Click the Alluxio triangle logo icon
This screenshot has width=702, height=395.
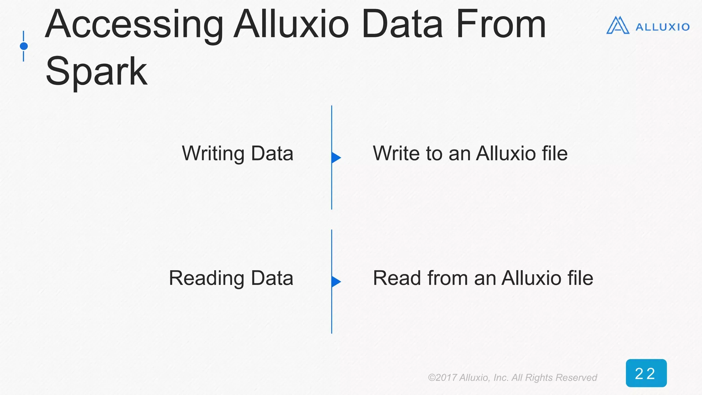click(x=618, y=26)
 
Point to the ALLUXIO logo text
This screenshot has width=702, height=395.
click(x=662, y=27)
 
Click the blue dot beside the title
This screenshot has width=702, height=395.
click(x=24, y=46)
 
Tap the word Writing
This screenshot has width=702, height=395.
click(x=213, y=154)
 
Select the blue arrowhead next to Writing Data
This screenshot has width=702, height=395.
click(x=336, y=158)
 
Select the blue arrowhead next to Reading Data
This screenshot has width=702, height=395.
click(x=336, y=282)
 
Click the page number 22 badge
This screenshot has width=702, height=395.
click(x=646, y=373)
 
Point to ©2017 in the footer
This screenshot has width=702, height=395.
click(x=442, y=378)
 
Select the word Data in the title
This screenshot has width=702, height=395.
click(x=402, y=25)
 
